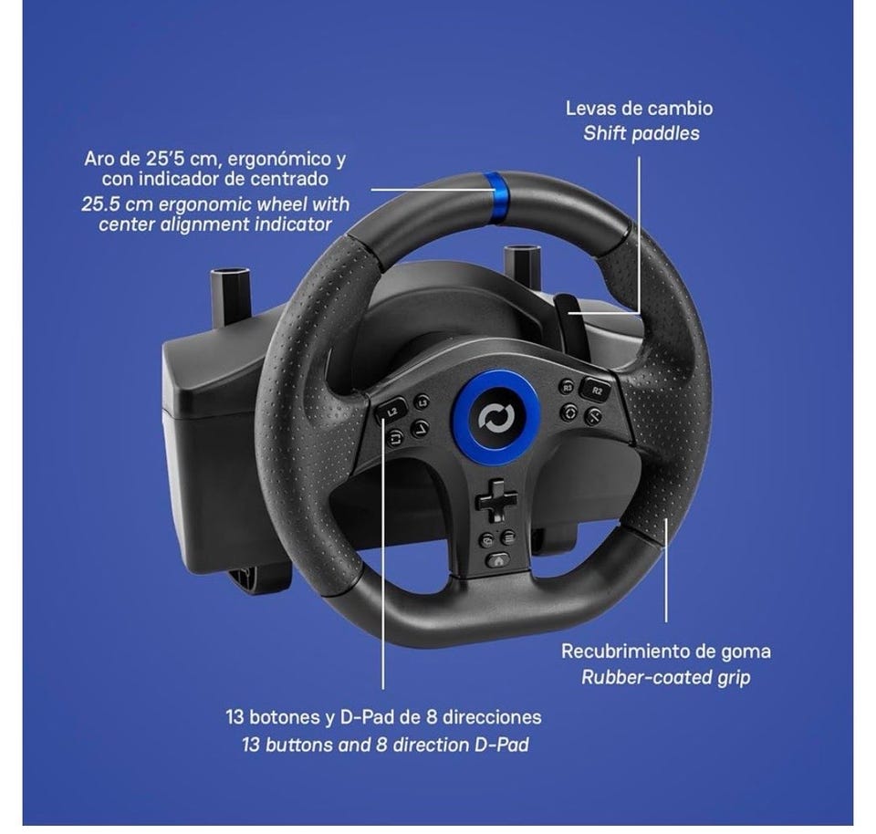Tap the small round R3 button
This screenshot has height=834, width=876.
567,387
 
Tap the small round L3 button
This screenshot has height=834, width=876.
422,401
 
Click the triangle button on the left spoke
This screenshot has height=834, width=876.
420,429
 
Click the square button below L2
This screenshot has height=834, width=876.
395,438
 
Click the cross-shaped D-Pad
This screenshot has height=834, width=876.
496,500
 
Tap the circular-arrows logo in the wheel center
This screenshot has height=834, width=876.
496,418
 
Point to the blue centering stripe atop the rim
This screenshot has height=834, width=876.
495,198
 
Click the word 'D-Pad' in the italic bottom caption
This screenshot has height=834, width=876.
501,745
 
